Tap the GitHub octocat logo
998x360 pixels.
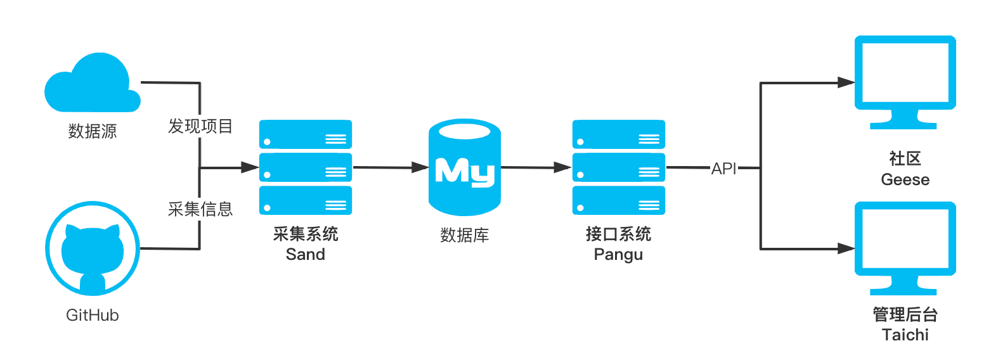click(93, 248)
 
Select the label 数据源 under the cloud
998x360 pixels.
click(92, 131)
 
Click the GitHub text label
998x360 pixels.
click(92, 315)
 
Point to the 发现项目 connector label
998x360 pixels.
click(200, 127)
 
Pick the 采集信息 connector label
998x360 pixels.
click(200, 209)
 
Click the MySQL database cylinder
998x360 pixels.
click(465, 167)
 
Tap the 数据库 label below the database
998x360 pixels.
click(465, 235)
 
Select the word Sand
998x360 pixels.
click(306, 254)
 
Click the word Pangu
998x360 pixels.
click(618, 255)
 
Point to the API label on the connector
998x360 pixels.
click(724, 169)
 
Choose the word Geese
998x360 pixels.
click(905, 179)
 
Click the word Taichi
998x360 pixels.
click(905, 335)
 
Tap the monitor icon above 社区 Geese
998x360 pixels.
click(905, 82)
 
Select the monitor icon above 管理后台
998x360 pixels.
click(905, 248)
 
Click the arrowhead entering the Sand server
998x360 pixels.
click(250, 167)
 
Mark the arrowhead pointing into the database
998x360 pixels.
click(420, 167)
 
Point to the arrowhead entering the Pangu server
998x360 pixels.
click(562, 167)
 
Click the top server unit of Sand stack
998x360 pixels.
click(306, 134)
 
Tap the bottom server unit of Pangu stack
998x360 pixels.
click(619, 200)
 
